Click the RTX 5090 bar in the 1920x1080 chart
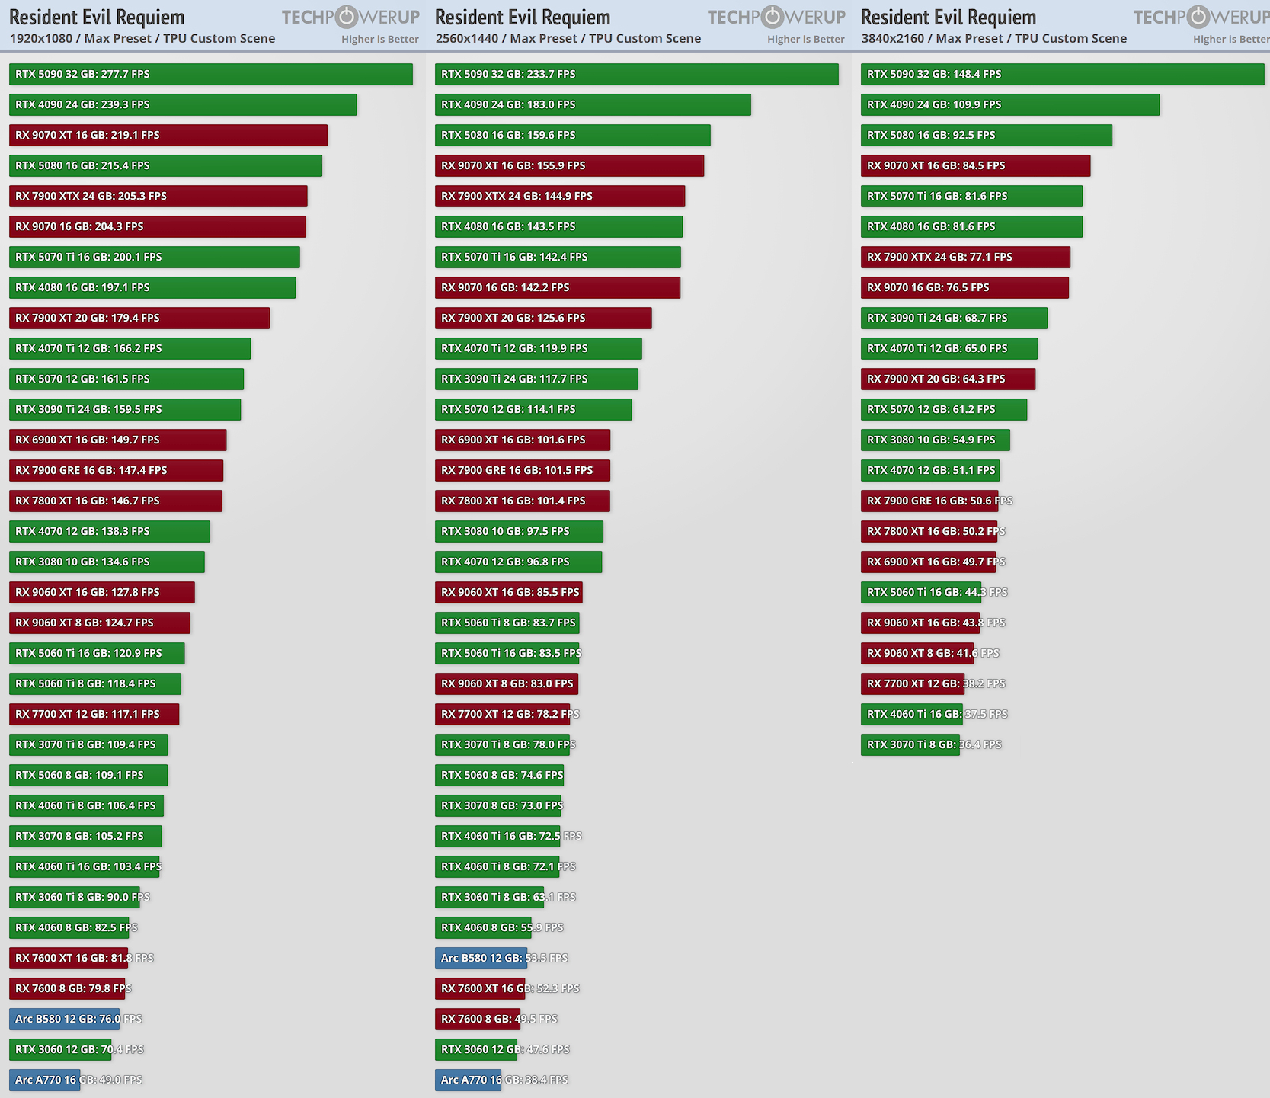210,74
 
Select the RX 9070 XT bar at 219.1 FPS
168,135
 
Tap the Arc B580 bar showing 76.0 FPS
64,1019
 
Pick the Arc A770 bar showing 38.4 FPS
468,1080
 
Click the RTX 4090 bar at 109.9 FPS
1009,104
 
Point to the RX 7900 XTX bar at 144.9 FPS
559,196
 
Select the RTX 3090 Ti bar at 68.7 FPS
954,318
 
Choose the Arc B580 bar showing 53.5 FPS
481,958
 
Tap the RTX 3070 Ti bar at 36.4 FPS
910,744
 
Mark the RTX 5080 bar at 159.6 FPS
572,135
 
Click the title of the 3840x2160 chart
948,17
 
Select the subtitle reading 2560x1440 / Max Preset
568,38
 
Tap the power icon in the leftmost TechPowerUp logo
347,17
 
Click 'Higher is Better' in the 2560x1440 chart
805,39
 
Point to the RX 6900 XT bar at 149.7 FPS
117,440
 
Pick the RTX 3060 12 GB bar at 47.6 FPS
475,1049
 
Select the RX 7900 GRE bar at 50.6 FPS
929,501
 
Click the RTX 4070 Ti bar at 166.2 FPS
130,348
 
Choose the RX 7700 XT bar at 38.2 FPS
912,683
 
